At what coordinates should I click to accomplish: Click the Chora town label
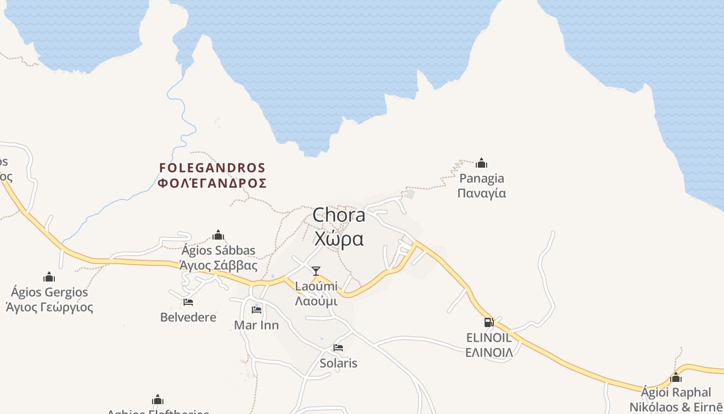(x=339, y=215)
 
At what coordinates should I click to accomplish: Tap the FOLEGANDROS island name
(x=212, y=168)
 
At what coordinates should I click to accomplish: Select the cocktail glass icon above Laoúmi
(x=316, y=271)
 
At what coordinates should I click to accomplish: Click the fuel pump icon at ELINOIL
(x=489, y=322)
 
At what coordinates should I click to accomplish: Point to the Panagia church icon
(x=481, y=163)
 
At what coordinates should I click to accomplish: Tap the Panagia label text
(x=482, y=179)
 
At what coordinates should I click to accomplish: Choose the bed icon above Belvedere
(x=188, y=302)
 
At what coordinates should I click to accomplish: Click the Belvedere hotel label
(x=188, y=317)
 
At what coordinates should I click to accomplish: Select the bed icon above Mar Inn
(x=257, y=310)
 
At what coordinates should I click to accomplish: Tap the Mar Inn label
(x=257, y=326)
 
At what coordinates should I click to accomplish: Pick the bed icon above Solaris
(x=338, y=348)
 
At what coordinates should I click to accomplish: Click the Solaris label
(x=338, y=363)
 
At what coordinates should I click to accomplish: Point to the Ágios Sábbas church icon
(x=218, y=235)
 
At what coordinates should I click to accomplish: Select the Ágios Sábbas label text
(x=218, y=251)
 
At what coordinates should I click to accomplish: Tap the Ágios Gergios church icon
(x=49, y=277)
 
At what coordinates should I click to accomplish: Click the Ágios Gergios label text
(x=50, y=292)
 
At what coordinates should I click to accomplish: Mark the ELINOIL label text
(x=489, y=338)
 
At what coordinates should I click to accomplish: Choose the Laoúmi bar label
(x=316, y=286)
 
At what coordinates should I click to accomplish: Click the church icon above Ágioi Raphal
(x=676, y=377)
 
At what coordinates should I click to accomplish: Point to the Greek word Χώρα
(x=339, y=239)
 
